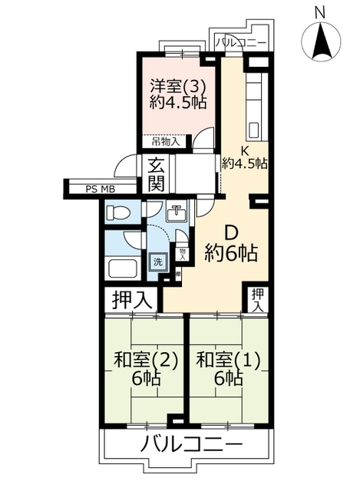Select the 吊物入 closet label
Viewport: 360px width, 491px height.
pyautogui.click(x=166, y=142)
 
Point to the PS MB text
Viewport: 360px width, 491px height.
pyautogui.click(x=101, y=189)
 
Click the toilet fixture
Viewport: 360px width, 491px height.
pyautogui.click(x=118, y=213)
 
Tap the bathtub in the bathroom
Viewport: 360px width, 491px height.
pyautogui.click(x=123, y=269)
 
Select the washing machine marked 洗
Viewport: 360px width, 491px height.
pyautogui.click(x=158, y=262)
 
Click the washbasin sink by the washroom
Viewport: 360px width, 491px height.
pyautogui.click(x=177, y=213)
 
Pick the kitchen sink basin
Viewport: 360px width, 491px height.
pyautogui.click(x=255, y=130)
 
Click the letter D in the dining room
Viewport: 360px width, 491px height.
pyautogui.click(x=231, y=233)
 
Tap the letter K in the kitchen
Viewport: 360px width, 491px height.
pyautogui.click(x=244, y=151)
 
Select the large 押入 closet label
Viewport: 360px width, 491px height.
pyautogui.click(x=132, y=299)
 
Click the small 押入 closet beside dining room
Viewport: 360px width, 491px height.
pyautogui.click(x=258, y=300)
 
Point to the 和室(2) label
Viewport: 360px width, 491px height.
pyautogui.click(x=146, y=360)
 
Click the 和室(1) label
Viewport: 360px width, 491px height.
pyautogui.click(x=228, y=360)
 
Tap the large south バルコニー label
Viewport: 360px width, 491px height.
pyautogui.click(x=191, y=444)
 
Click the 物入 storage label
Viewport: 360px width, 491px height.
pyautogui.click(x=183, y=254)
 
